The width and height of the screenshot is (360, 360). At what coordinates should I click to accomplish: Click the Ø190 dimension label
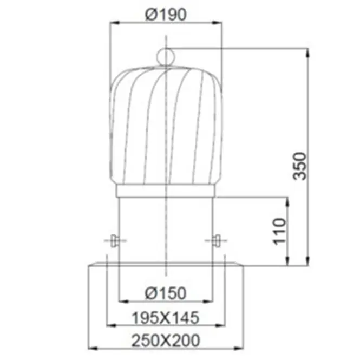[x=166, y=15]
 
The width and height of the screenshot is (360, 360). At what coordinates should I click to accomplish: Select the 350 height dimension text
[x=300, y=166]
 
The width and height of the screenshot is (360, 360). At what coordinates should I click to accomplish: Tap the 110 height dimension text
[x=279, y=232]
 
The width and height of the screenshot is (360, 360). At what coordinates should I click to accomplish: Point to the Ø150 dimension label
[x=166, y=293]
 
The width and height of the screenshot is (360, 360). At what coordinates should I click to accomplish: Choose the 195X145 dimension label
[x=166, y=318]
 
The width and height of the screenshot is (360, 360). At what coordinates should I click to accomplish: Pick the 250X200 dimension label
[x=166, y=341]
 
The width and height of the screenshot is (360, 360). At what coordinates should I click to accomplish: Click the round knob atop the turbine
[x=166, y=56]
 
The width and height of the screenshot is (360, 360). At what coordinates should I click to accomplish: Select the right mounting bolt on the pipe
[x=217, y=240]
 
